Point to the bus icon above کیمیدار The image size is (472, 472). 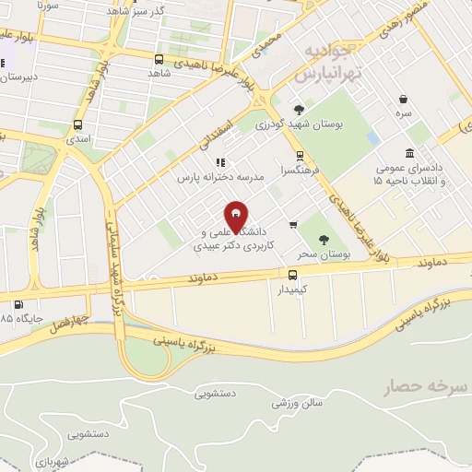292,274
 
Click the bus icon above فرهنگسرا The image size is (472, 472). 300,156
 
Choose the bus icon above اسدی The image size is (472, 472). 77,124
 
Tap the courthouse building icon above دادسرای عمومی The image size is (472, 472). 410,153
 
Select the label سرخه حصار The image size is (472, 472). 419,386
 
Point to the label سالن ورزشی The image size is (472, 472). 298,403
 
